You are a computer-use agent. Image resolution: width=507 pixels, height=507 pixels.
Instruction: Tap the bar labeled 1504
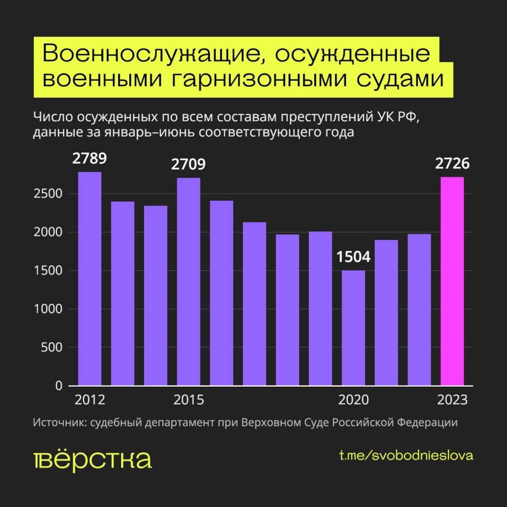click(354, 328)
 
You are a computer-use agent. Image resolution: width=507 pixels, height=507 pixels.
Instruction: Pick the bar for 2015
click(189, 282)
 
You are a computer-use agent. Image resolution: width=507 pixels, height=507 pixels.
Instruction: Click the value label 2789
click(90, 159)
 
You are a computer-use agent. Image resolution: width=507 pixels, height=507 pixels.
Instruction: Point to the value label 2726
click(453, 165)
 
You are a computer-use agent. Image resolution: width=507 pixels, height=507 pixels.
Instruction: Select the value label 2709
click(189, 165)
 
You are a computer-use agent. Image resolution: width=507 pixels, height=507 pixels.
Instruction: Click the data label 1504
click(354, 257)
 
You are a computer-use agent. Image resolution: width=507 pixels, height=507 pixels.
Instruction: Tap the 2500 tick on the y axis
click(48, 194)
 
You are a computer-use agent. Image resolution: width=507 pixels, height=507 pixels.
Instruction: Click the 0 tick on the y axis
click(58, 386)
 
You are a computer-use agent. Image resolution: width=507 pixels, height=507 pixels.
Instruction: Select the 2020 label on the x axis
click(354, 400)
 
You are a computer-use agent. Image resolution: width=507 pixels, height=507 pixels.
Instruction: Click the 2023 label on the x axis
click(453, 400)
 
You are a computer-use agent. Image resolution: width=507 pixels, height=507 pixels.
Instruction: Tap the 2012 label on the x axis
click(90, 400)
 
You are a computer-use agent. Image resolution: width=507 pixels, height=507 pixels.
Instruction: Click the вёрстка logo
click(92, 460)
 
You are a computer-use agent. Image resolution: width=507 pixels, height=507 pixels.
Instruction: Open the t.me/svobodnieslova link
click(406, 456)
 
